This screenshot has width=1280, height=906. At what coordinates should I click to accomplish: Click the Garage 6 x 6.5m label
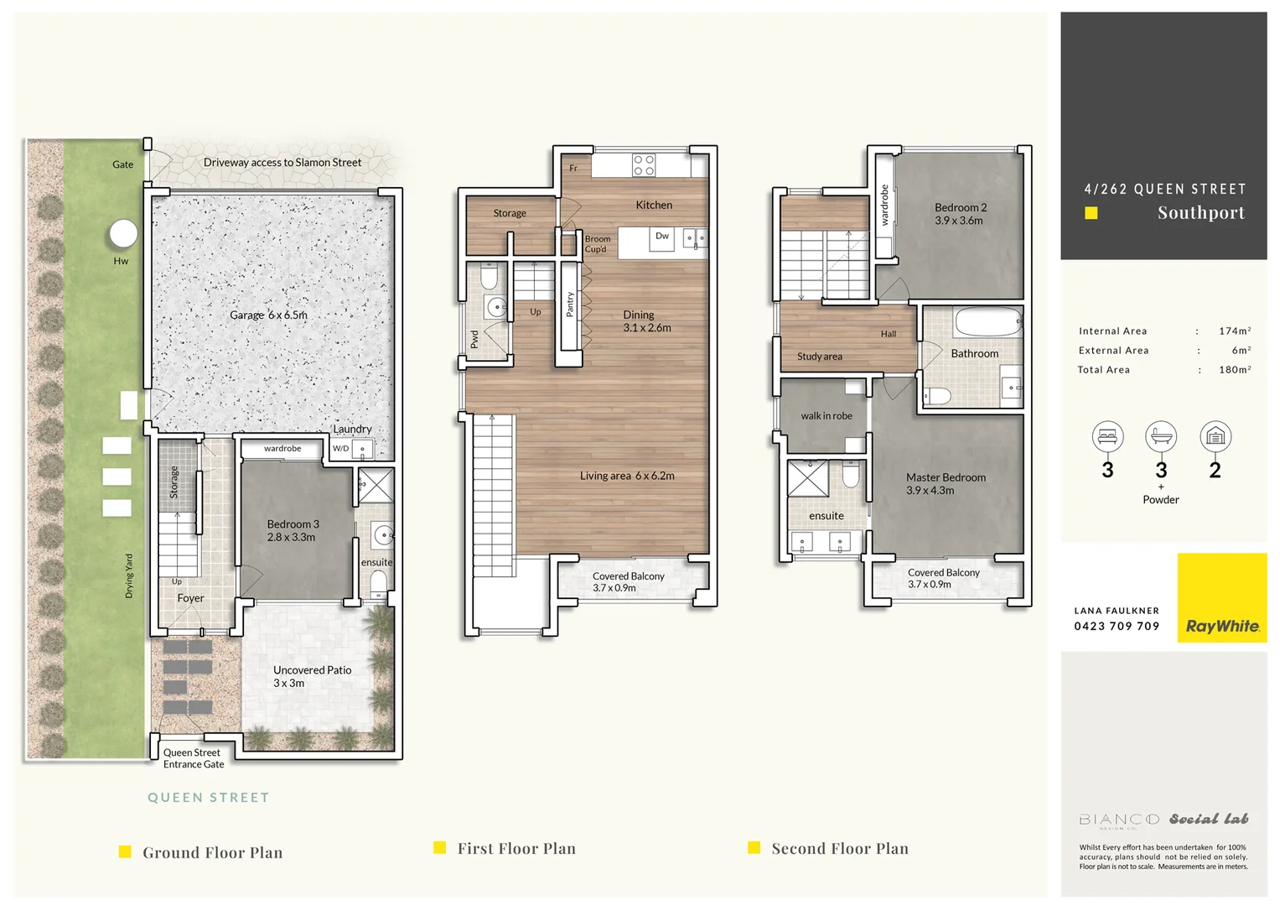click(x=268, y=315)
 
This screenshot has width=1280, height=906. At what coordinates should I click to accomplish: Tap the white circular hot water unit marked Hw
click(x=123, y=234)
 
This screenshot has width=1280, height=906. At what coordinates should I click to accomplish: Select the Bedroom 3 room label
click(x=293, y=530)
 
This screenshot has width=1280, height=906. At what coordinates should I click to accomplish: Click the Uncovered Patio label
click(x=312, y=676)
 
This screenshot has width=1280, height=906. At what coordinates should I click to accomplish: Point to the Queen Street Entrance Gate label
click(x=193, y=758)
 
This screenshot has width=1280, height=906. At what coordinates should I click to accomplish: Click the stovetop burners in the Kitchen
click(x=644, y=164)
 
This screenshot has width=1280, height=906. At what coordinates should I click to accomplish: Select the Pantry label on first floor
click(x=570, y=304)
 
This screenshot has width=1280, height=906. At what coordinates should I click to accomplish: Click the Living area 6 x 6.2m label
click(x=627, y=476)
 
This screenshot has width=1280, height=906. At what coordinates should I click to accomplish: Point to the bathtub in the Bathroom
click(x=987, y=322)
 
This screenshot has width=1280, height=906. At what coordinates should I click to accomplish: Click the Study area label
click(x=819, y=357)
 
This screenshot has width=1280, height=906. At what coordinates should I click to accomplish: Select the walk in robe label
click(x=826, y=416)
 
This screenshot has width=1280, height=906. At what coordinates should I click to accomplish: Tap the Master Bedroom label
click(x=946, y=483)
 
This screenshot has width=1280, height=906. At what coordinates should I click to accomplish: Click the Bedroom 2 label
click(x=961, y=214)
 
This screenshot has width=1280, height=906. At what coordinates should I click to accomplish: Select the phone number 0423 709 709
click(x=1117, y=626)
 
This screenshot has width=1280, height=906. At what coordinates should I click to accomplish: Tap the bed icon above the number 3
click(x=1107, y=436)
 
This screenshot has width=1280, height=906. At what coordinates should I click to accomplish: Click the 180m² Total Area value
click(x=1235, y=370)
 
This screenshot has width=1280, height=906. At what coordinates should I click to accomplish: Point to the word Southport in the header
click(x=1200, y=213)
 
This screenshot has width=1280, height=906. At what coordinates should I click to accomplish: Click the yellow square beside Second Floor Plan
click(x=754, y=847)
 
